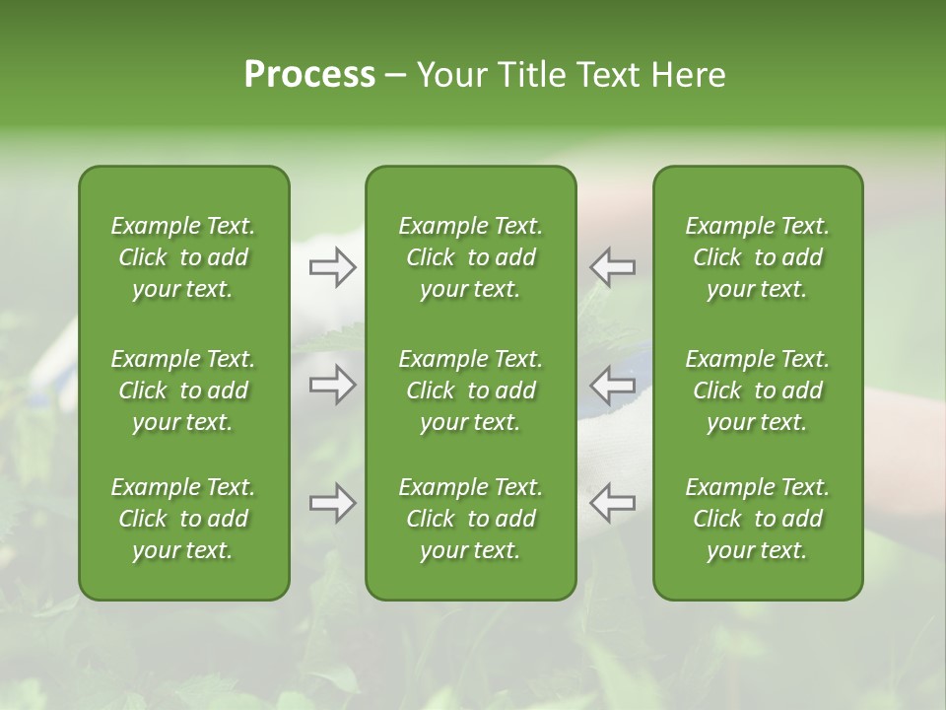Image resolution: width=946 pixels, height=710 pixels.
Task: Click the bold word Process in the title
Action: point(309,74)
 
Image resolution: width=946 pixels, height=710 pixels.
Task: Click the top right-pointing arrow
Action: point(332,267)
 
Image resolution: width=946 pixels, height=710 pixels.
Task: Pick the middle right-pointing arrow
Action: point(332,385)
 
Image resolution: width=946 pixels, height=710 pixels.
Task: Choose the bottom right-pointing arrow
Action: point(332,503)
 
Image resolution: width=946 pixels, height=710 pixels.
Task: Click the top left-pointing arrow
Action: point(613,267)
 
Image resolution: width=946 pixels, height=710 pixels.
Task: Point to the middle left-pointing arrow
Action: point(613,385)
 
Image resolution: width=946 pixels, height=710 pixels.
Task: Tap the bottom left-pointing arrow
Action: point(613,503)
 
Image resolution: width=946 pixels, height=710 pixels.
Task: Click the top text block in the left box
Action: point(183,257)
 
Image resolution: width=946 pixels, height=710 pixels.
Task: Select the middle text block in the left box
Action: point(183,390)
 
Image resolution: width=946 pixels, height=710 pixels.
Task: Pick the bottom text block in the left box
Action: point(183,519)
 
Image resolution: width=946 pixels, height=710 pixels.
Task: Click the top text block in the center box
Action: point(471,257)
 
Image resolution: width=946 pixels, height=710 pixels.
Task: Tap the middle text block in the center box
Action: point(471,390)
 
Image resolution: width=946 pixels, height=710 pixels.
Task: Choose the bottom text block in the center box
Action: point(471,519)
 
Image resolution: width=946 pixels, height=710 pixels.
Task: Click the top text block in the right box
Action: point(758,257)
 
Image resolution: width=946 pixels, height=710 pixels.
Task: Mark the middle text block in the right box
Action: point(758,390)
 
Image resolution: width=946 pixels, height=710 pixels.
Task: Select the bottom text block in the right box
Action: point(758,519)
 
